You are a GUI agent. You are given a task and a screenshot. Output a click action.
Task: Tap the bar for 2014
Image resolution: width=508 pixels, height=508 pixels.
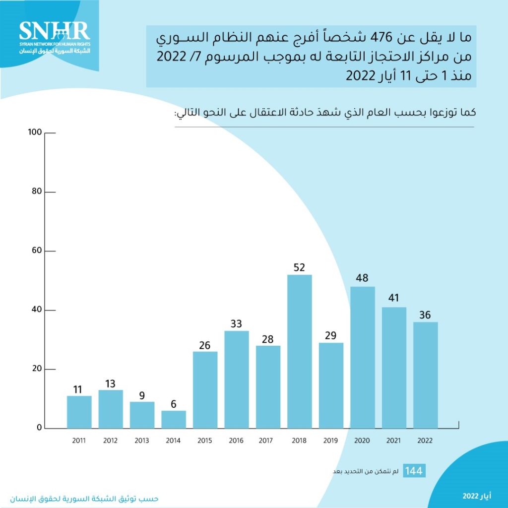[x=174, y=419]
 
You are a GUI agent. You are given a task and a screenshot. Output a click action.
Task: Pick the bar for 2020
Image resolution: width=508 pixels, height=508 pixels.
[x=363, y=357]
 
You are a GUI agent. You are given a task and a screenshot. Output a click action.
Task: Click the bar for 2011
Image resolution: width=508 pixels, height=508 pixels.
[x=79, y=412]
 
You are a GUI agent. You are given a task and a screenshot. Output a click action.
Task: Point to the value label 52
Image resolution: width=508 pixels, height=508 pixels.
[x=300, y=267]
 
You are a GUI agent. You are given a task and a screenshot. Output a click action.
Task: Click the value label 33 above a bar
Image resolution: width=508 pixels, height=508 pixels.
[x=237, y=323]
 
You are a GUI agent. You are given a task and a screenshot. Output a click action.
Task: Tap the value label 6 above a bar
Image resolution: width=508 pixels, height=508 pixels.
[x=174, y=403]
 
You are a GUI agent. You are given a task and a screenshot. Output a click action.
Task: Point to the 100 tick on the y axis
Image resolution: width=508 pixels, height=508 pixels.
[x=34, y=132]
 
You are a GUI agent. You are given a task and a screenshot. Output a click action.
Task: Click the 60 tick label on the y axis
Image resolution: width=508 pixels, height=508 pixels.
[x=36, y=251]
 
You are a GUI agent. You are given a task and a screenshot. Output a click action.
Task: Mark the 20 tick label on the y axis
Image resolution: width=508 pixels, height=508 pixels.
[x=36, y=369]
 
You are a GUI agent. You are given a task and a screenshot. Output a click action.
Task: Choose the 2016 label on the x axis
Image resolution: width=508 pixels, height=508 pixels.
[x=237, y=441]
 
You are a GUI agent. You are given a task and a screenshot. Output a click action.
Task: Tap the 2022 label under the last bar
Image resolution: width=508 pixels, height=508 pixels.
[x=426, y=441]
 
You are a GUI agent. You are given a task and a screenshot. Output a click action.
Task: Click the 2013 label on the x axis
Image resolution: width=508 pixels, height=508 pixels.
[x=142, y=441]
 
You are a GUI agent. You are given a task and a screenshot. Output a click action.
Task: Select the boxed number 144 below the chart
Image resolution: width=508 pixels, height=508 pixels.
[x=414, y=471]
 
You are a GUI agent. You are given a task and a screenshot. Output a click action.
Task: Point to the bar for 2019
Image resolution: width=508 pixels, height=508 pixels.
[x=331, y=385]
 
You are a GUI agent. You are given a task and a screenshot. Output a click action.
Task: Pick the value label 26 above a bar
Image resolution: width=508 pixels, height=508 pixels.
[x=205, y=344]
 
